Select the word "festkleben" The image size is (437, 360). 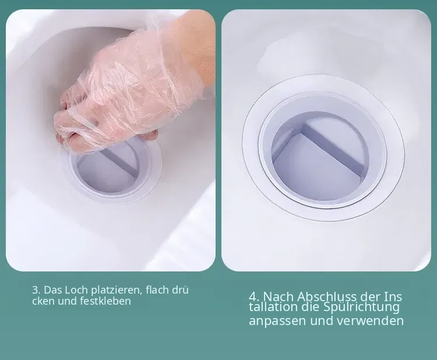[105, 301]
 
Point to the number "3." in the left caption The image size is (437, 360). [37, 290]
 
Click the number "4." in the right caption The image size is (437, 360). [255, 297]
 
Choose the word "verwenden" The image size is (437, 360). [370, 321]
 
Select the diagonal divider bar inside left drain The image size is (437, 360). [121, 161]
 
